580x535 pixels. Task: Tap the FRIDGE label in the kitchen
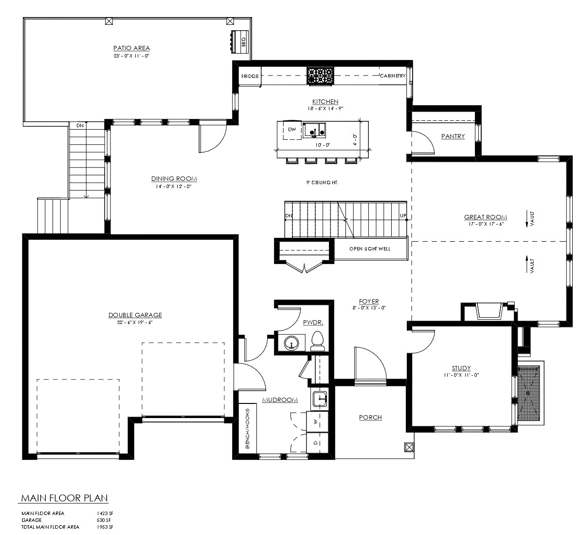pos(250,76)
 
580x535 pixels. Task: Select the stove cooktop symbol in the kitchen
pos(320,76)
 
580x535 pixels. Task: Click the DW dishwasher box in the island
pos(292,130)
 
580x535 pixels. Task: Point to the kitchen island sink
pos(314,131)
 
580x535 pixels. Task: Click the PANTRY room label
pos(453,136)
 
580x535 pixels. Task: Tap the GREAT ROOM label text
pos(485,217)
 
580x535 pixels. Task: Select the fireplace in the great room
pos(489,311)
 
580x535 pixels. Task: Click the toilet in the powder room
pos(317,341)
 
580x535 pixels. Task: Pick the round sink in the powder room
pos(292,343)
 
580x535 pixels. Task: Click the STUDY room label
pos(461,368)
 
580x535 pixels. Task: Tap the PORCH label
pos(370,418)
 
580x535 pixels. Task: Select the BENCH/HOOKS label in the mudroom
pos(248,429)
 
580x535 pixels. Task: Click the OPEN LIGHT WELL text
pos(370,248)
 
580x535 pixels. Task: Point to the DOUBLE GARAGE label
pos(135,315)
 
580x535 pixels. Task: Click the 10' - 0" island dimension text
pos(323,145)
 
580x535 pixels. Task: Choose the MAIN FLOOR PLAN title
pos(64,498)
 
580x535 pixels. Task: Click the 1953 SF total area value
pos(105,527)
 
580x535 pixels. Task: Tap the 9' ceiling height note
pos(322,183)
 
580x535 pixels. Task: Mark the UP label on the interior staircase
pos(403,216)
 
